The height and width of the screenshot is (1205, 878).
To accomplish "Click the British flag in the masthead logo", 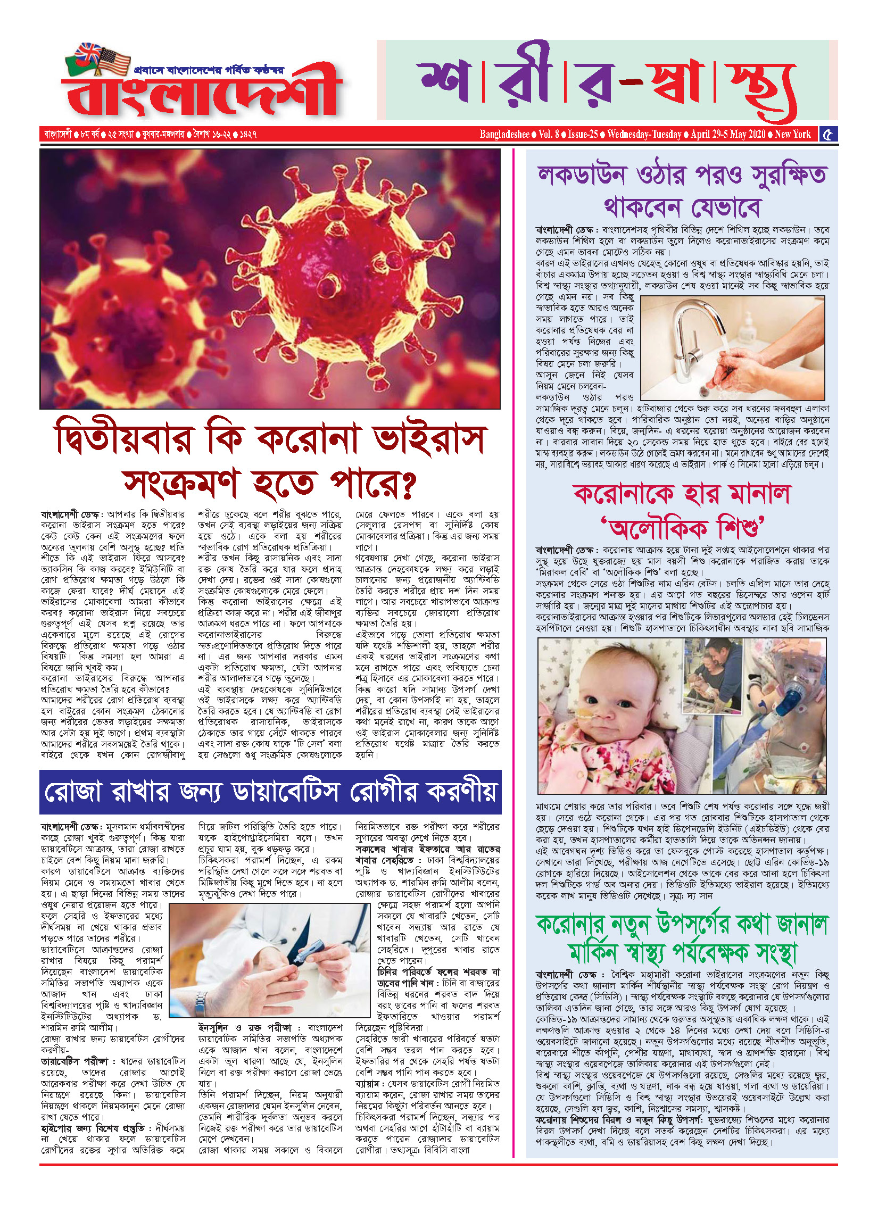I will (x=89, y=53).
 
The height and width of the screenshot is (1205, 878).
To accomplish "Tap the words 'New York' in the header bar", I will (x=793, y=135).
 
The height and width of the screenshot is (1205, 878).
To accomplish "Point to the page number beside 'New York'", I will (x=827, y=135).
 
